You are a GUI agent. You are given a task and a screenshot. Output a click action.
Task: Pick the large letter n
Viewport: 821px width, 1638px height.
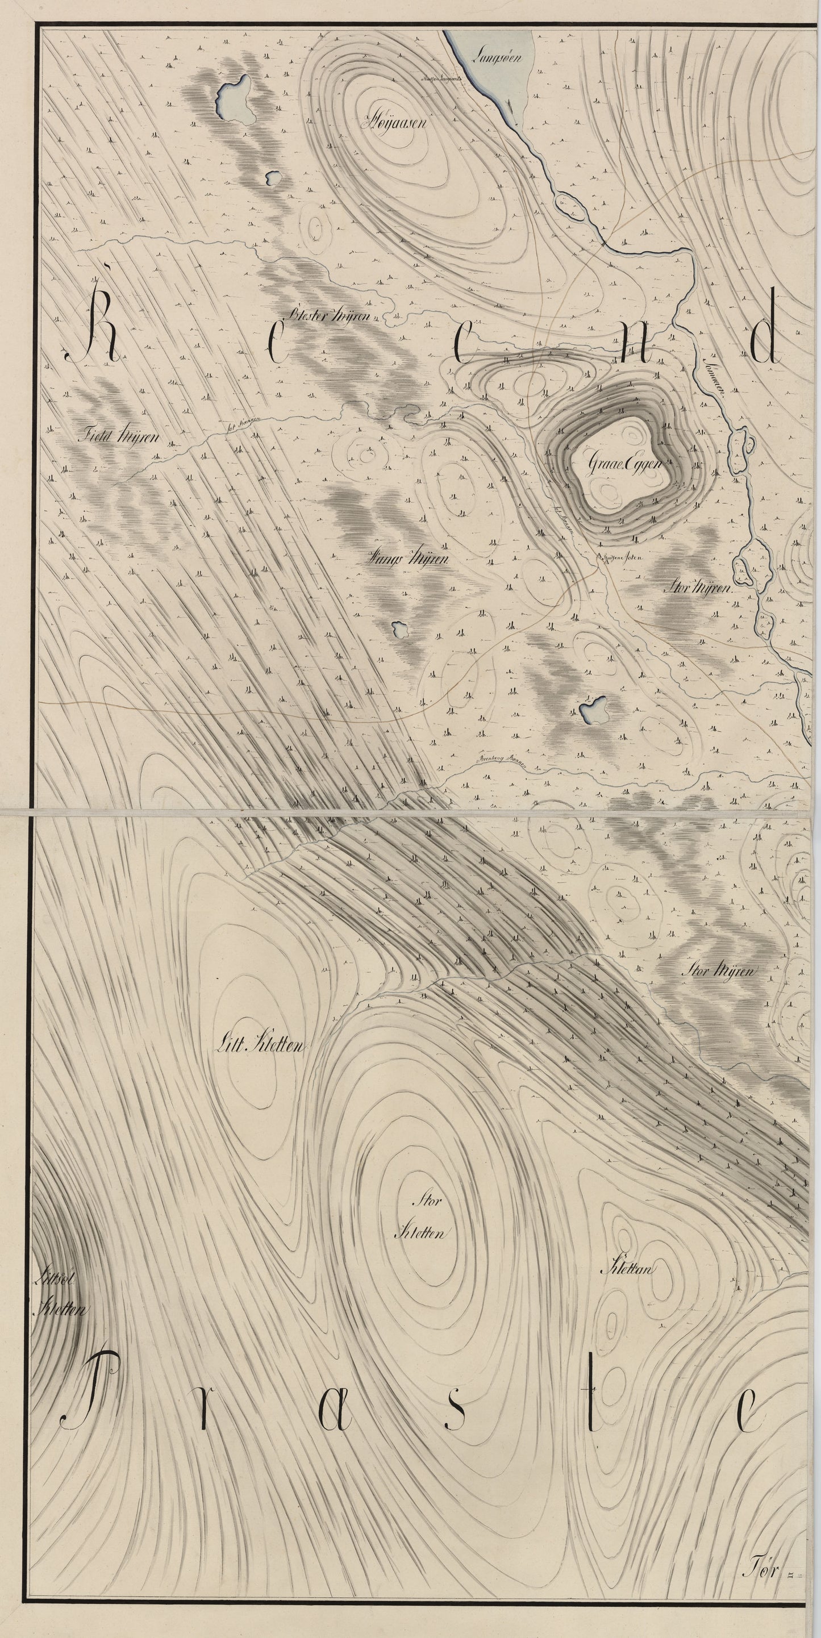coord(631,352)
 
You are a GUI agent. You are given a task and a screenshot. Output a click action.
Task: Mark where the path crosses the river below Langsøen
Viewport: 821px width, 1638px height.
coord(602,243)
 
